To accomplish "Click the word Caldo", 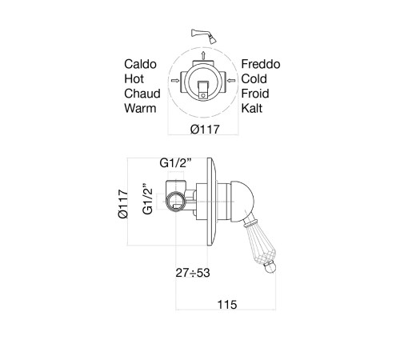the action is pos(140,64).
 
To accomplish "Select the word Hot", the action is pos(134,79).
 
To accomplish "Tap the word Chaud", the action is pos(142,94).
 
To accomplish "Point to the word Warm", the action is pos(140,108).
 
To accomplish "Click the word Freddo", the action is pos(261,64).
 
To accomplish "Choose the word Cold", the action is pos(254,79).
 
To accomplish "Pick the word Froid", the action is pos(255,94).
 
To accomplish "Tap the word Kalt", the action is pos(252,108).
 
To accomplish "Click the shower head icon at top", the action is pos(204,36).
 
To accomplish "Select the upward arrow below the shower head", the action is pos(203,55).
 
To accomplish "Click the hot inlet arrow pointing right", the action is pos(175,80).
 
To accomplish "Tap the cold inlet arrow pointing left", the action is pos(231,80).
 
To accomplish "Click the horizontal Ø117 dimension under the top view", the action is pos(205,130).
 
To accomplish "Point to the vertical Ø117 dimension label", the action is pos(123,204).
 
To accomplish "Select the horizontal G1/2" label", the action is pos(176,163).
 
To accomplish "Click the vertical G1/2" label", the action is pos(147,199).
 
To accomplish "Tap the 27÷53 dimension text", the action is pos(193,273).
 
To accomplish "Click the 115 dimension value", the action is pos(227,305).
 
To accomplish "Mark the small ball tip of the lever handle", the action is pos(270,268).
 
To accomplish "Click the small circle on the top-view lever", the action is pos(203,95).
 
